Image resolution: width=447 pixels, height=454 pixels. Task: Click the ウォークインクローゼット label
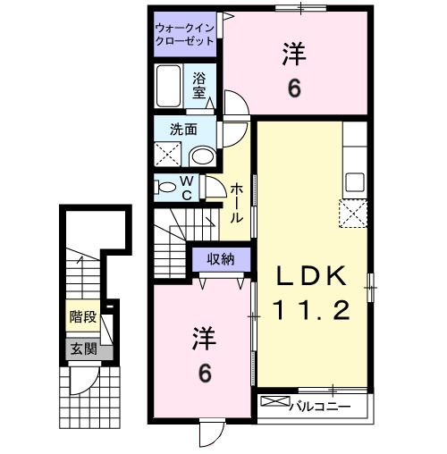pyautogui.click(x=184, y=34)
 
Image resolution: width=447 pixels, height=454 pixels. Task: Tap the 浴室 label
pyautogui.click(x=199, y=84)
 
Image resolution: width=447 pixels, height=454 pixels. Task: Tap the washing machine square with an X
pyautogui.click(x=168, y=154)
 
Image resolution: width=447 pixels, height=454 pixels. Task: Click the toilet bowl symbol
pyautogui.click(x=166, y=187)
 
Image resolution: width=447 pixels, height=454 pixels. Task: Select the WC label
pyautogui.click(x=189, y=187)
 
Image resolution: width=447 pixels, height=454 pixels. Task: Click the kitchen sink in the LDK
pyautogui.click(x=354, y=181)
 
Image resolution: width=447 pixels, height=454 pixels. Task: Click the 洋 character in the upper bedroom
pyautogui.click(x=294, y=55)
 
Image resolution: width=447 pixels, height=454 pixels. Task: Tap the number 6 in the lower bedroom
pyautogui.click(x=205, y=374)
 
